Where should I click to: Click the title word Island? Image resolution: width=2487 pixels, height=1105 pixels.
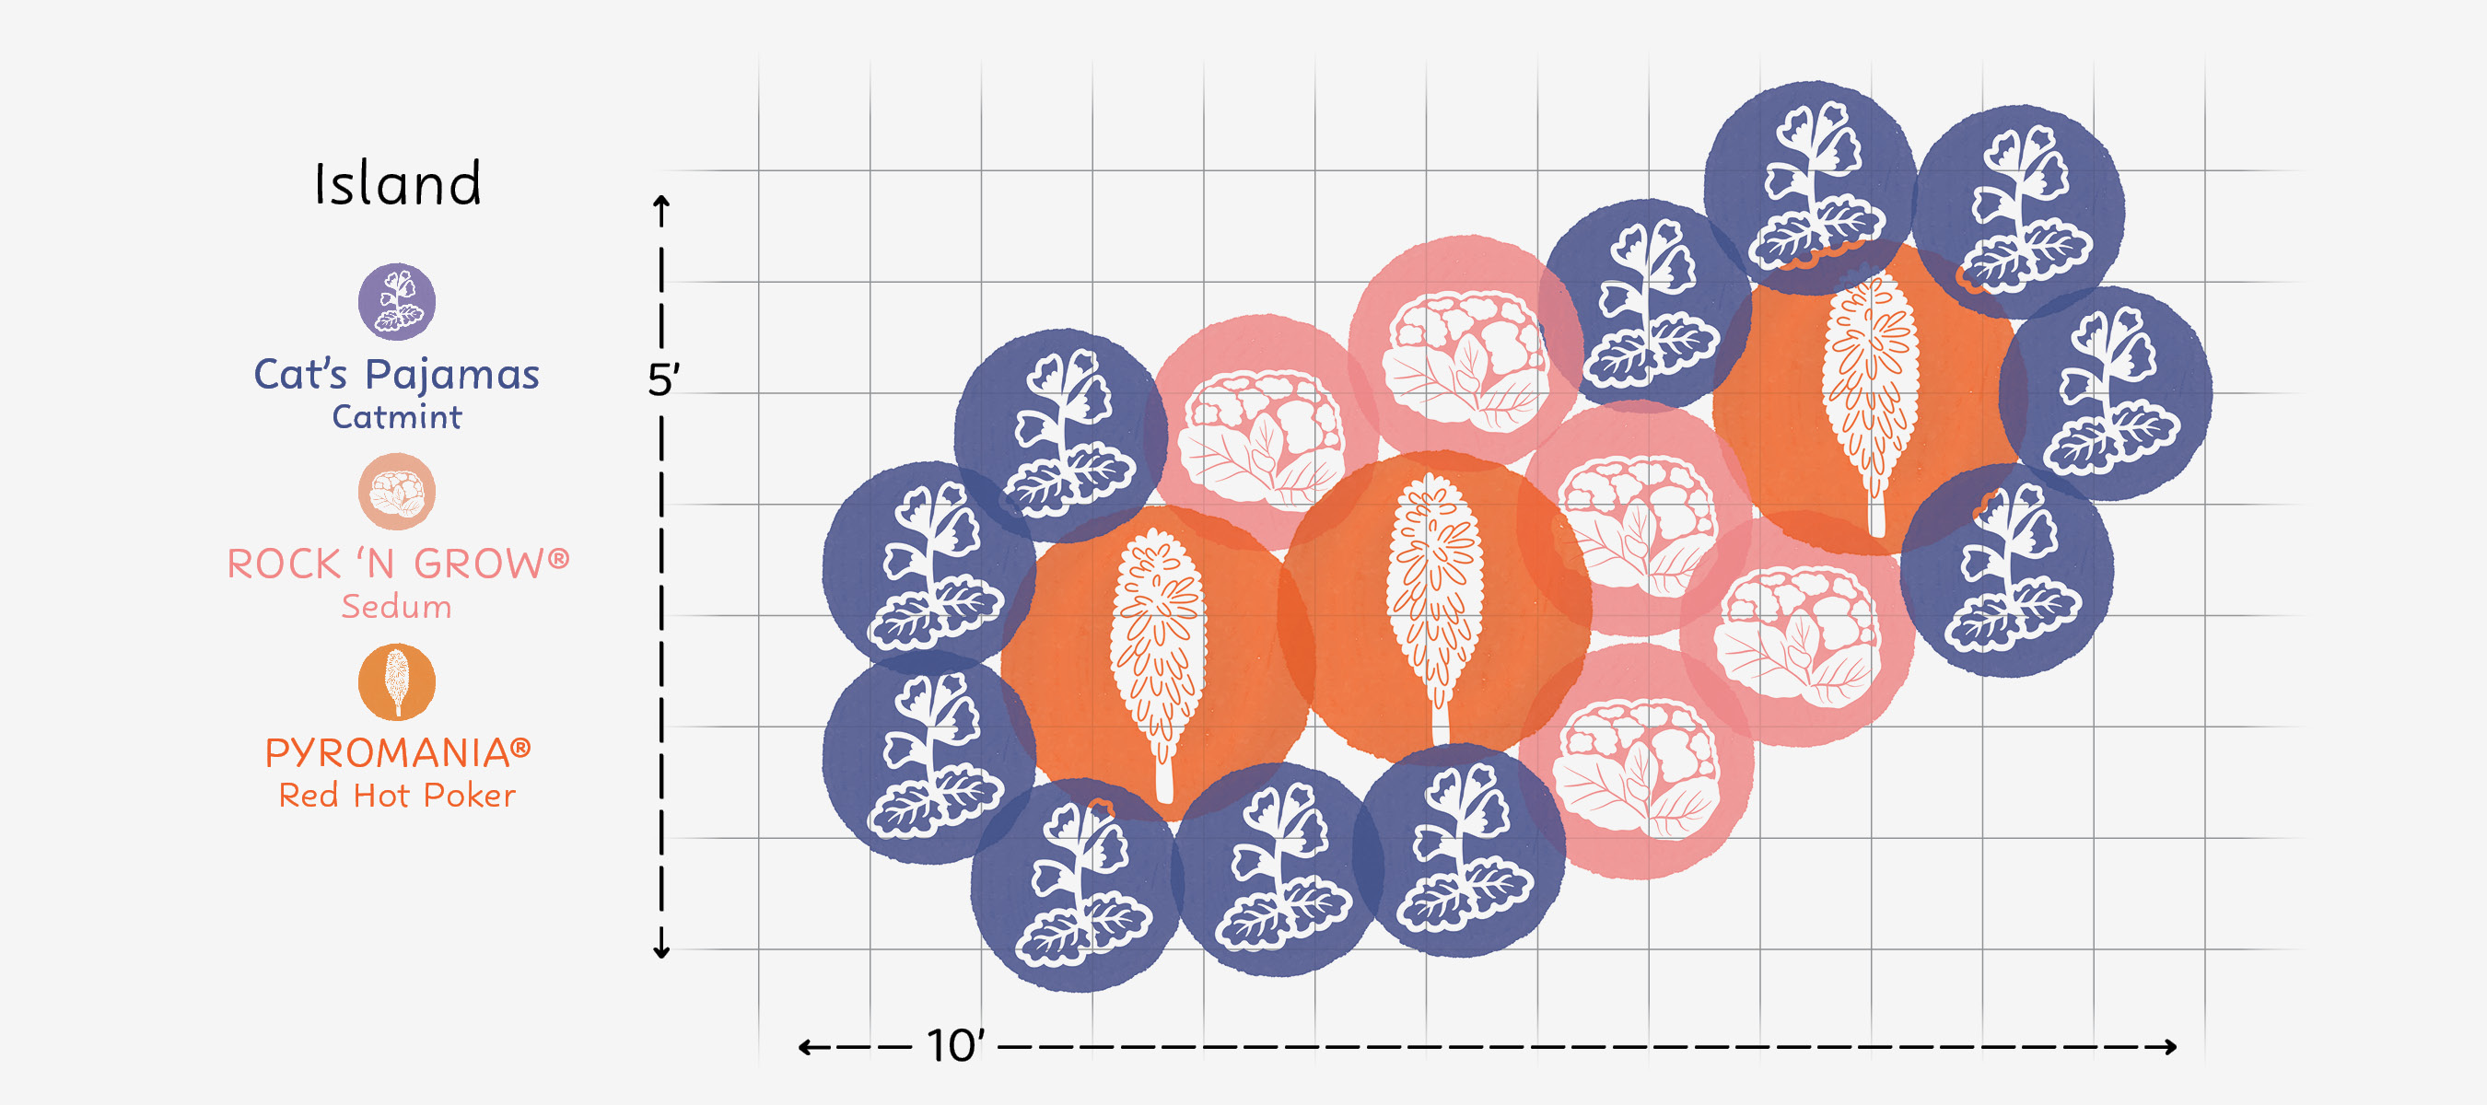point(398,183)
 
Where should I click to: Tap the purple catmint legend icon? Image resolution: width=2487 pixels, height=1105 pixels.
point(397,301)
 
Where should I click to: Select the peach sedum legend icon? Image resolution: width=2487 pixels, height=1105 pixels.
point(397,491)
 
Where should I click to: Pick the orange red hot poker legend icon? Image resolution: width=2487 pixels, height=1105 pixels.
point(397,681)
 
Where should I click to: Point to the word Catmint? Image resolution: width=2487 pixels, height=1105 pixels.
point(397,417)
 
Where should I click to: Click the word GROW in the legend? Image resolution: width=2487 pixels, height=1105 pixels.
point(478,564)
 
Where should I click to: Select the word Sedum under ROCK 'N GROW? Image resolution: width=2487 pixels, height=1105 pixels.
point(397,606)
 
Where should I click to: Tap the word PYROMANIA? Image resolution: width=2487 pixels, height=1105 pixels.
point(387,752)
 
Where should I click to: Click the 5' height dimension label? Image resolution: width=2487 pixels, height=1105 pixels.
point(663,380)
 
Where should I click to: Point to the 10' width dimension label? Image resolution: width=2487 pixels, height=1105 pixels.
point(955,1046)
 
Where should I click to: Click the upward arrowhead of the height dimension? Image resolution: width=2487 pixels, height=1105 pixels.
point(661,202)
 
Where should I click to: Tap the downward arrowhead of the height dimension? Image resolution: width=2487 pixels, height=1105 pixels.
point(661,952)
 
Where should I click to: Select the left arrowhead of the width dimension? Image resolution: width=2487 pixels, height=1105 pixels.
point(804,1046)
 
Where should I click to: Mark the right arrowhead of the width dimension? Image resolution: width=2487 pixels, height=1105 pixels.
point(2171,1046)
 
